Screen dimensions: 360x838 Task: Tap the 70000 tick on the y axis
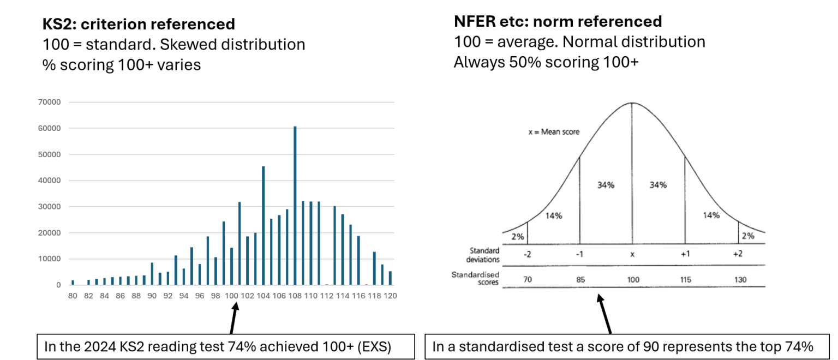(x=50, y=102)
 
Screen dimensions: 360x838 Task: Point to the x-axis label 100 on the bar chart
(x=231, y=296)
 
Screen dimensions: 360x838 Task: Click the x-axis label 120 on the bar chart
(x=390, y=296)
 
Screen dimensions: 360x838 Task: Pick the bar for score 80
(x=73, y=283)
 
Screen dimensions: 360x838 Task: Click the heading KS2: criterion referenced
(x=139, y=25)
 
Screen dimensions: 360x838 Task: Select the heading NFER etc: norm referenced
(x=558, y=21)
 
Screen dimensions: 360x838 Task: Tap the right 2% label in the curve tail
(x=747, y=236)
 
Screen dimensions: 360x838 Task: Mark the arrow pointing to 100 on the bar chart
(x=234, y=319)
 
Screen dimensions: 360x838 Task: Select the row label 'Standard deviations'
(x=484, y=254)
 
